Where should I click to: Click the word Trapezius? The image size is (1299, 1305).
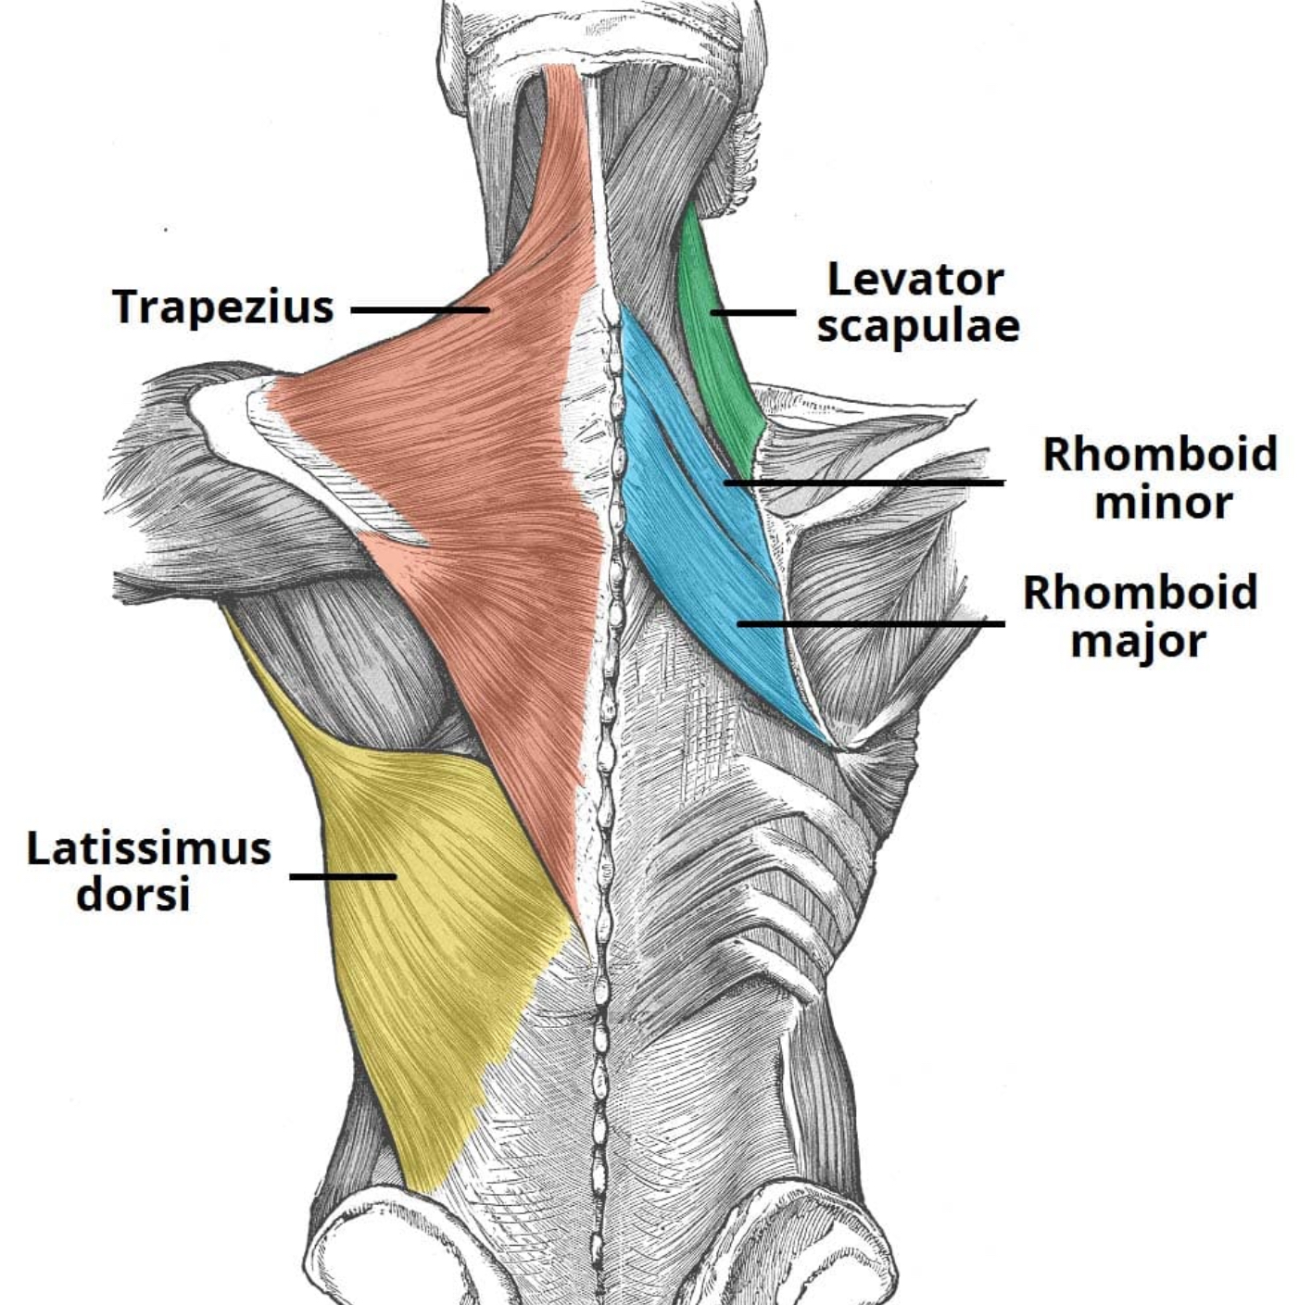(223, 307)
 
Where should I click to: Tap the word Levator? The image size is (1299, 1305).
(914, 280)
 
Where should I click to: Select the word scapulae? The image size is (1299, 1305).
(918, 327)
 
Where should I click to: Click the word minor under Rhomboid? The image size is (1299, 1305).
(1164, 503)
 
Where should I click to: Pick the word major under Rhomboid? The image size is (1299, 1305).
(1138, 642)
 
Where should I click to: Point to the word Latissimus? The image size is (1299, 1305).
(148, 848)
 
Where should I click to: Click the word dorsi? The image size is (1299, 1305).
(132, 895)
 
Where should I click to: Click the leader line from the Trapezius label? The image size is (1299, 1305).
(420, 311)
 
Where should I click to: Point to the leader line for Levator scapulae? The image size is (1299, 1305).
(753, 313)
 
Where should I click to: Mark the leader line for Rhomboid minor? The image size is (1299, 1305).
(864, 483)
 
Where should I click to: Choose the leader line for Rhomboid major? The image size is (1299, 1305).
(871, 623)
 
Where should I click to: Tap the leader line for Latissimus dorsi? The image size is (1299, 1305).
(343, 876)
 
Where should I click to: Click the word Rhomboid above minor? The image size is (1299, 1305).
(1159, 455)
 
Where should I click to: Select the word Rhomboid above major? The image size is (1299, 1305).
(1141, 593)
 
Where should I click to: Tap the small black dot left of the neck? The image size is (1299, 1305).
(165, 230)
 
